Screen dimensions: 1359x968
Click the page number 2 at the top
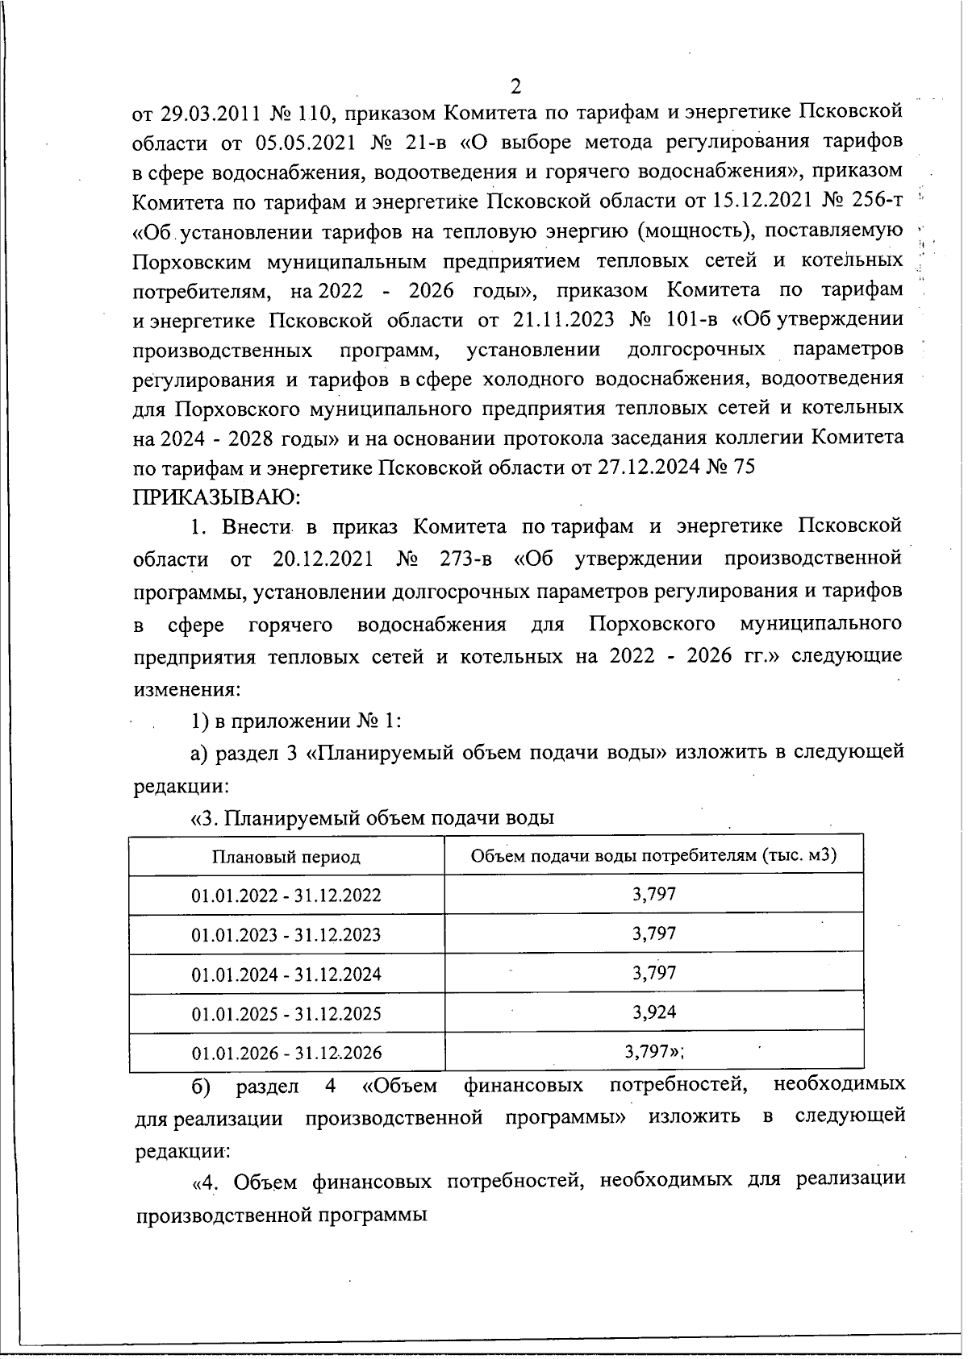coord(516,85)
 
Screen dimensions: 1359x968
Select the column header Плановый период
coord(286,856)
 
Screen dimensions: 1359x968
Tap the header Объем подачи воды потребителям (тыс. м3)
coord(653,855)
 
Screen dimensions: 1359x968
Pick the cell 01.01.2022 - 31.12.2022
coord(286,896)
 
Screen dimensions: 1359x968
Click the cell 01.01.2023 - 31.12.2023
coord(286,935)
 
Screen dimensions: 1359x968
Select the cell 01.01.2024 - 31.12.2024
coord(286,975)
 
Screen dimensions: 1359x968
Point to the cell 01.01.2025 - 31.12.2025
coord(286,1014)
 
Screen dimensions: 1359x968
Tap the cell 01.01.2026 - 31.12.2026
coord(286,1054)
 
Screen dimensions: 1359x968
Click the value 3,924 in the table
coord(653,1012)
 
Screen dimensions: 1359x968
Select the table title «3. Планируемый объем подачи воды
coord(372,819)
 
